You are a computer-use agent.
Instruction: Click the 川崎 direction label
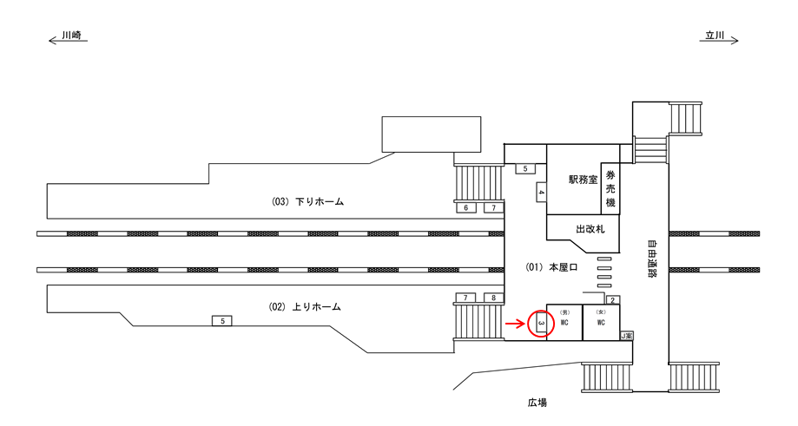coord(70,37)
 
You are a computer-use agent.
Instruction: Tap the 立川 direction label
coord(714,36)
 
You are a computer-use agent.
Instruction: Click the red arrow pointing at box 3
coord(515,324)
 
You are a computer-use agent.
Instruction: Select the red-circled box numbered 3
coord(541,324)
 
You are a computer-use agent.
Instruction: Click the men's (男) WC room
coord(564,322)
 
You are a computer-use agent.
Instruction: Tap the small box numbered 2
coord(612,300)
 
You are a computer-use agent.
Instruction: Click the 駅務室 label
coord(583,180)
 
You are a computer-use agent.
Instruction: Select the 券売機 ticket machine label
coord(610,188)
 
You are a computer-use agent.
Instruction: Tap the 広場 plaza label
coord(537,403)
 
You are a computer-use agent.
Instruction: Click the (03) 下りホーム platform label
coord(308,201)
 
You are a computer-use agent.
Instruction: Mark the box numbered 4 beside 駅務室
coord(540,191)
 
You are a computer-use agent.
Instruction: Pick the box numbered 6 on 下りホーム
coord(466,208)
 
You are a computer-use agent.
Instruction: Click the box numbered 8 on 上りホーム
coord(493,298)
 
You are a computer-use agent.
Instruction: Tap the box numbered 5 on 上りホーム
coord(223,321)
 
